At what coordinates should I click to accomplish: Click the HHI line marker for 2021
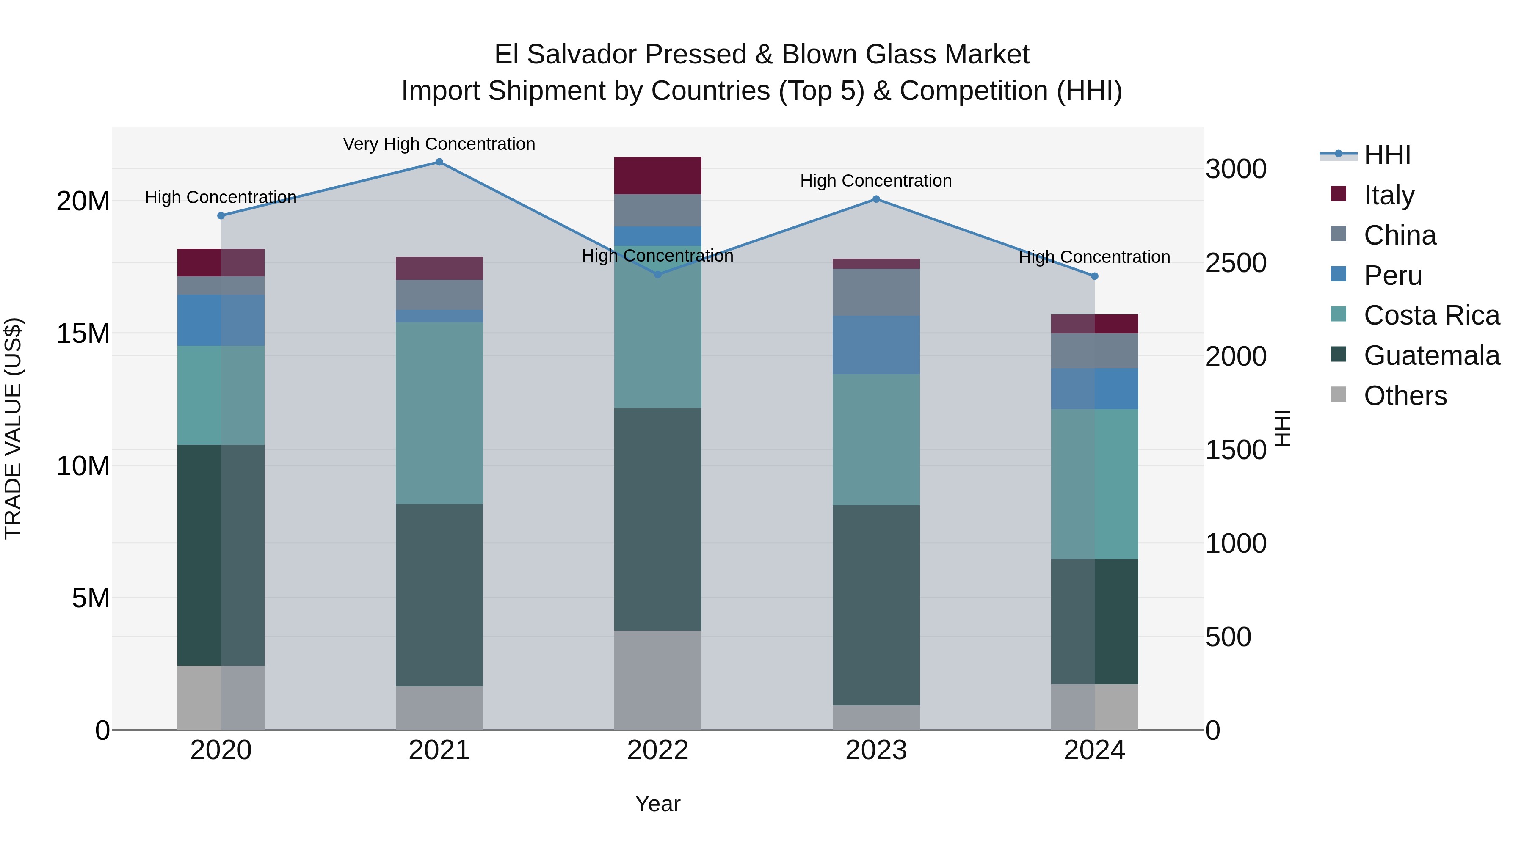(439, 162)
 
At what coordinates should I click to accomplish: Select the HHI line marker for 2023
(876, 199)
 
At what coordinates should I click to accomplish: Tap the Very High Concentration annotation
(439, 144)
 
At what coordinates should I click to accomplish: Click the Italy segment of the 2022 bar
(657, 176)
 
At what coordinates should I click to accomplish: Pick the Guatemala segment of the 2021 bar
(439, 595)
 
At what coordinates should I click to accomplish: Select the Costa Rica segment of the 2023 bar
(876, 439)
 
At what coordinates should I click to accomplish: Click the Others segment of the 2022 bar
(657, 680)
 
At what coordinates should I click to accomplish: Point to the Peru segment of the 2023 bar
(876, 345)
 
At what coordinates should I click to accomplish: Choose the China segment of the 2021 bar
(439, 295)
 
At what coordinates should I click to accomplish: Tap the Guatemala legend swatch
(1338, 355)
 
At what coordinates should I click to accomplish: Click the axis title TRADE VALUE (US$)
(13, 428)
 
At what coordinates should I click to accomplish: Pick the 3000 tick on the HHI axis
(1236, 169)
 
